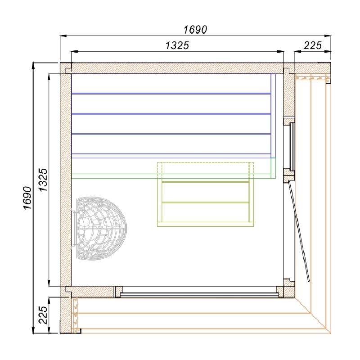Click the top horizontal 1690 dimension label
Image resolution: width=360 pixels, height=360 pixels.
(x=195, y=30)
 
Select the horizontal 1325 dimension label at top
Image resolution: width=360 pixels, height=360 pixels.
(x=177, y=45)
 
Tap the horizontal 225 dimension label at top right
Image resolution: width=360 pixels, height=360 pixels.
(x=313, y=45)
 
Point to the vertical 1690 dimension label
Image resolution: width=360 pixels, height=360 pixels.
(x=27, y=198)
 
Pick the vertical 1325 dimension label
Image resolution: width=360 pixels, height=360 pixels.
(x=43, y=180)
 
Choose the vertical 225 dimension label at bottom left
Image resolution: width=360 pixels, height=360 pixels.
(x=43, y=315)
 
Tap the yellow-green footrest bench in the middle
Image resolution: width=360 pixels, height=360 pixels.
(x=205, y=194)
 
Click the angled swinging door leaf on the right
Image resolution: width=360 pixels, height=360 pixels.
(x=299, y=231)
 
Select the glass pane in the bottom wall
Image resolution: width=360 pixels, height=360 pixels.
(x=199, y=294)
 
